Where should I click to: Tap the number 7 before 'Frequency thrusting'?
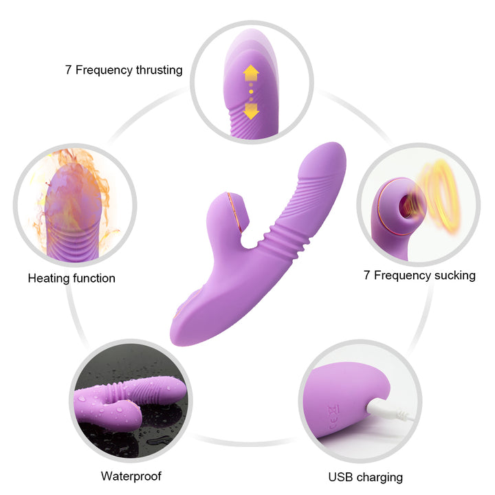click(68, 69)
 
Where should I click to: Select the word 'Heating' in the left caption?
click(49, 278)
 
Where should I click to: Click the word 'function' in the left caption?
click(94, 278)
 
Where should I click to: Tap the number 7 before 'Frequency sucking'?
click(366, 275)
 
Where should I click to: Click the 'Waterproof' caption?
click(131, 476)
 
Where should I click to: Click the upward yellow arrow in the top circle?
click(252, 74)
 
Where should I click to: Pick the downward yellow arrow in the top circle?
click(252, 111)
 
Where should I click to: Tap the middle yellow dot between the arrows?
click(251, 92)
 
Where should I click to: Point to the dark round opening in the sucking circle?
click(405, 206)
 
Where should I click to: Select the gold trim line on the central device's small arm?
click(234, 214)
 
